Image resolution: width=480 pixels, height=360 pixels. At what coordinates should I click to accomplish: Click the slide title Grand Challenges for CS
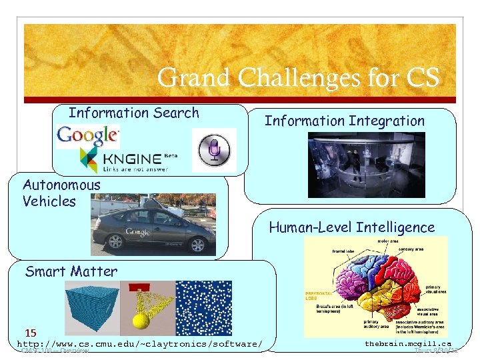pos(298,78)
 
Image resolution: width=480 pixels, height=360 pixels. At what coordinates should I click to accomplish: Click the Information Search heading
pos(134,113)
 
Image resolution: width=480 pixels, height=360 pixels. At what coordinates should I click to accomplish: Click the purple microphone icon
pos(214,150)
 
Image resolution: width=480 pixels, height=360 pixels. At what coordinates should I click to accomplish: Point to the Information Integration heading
pos(344,121)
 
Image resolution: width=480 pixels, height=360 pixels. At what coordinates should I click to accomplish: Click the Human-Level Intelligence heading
pos(351,227)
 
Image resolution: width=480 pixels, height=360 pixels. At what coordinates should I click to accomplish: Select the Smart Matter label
pos(71,271)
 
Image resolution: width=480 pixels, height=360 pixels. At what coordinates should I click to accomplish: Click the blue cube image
pos(91,308)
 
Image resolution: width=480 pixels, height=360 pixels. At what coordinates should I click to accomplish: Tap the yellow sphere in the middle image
pos(141,321)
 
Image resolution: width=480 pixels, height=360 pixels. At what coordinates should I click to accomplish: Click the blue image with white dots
pos(203,308)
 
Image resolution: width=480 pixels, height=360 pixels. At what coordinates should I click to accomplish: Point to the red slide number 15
pos(31,332)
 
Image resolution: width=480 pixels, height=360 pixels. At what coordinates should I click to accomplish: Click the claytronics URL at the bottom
pos(139,344)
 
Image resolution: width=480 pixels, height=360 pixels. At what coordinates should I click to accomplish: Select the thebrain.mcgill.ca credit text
pos(408,343)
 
